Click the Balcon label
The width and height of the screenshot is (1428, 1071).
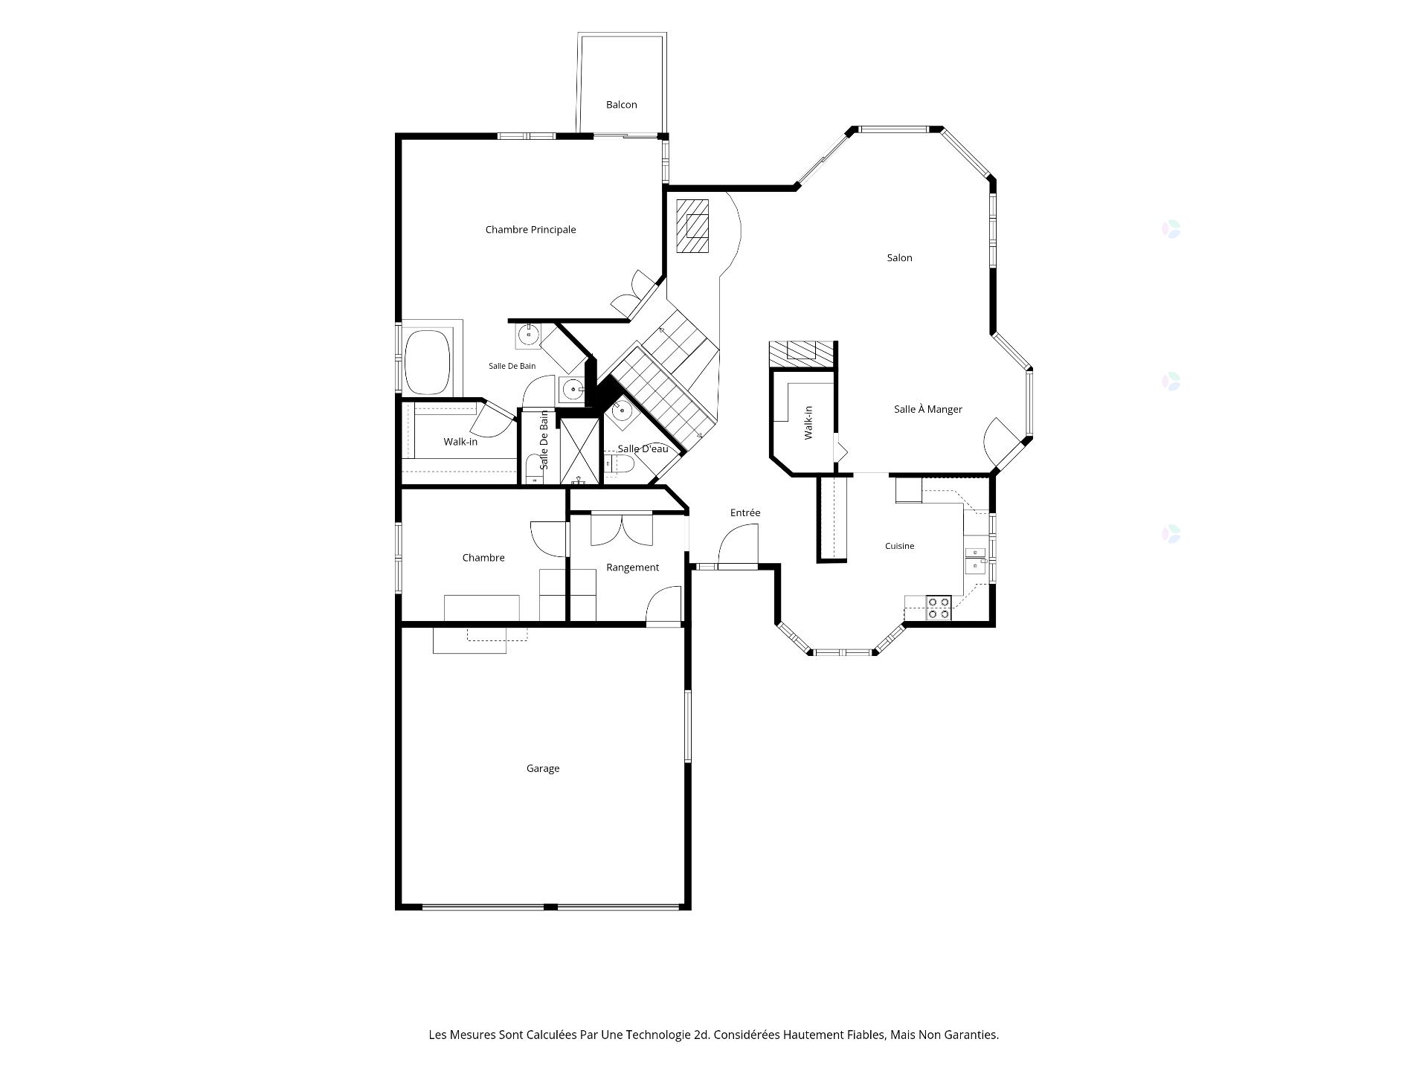tap(621, 105)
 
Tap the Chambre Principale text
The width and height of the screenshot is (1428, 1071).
tap(530, 230)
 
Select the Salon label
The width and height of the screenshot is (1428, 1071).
tap(899, 258)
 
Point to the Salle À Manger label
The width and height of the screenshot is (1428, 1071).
tap(927, 409)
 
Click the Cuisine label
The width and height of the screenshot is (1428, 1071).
tap(899, 546)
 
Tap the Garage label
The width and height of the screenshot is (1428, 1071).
tap(543, 768)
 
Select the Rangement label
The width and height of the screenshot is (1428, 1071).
tap(632, 567)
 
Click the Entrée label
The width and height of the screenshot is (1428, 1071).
tap(745, 512)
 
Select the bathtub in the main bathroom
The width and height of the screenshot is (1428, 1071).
tap(428, 361)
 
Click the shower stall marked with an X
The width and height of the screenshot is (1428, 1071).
tap(579, 451)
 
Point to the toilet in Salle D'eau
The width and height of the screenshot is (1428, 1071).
tap(620, 465)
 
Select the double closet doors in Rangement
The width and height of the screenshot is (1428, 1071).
tap(622, 530)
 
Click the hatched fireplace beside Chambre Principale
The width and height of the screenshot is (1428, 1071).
tap(692, 226)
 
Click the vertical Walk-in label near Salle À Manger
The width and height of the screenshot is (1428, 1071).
tap(808, 422)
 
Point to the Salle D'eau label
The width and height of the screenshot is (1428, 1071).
tap(643, 449)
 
